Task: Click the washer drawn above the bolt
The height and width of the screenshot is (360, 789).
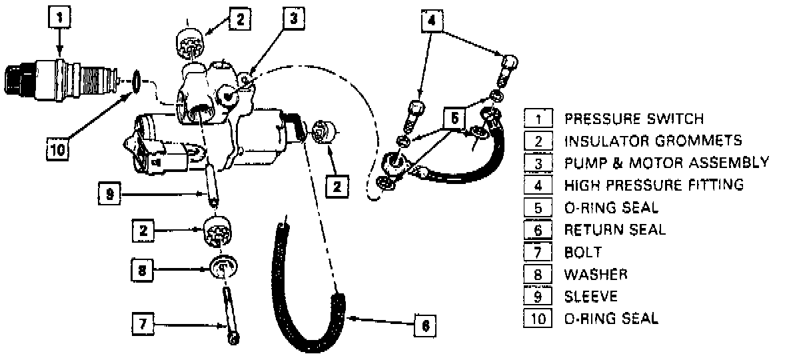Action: click(224, 267)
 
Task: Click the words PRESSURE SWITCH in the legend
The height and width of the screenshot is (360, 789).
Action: click(634, 119)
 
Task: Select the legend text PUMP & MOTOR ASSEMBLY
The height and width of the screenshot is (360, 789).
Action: click(666, 163)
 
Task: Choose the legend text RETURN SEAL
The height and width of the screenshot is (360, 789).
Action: click(614, 230)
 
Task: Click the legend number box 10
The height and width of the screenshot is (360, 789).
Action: click(538, 318)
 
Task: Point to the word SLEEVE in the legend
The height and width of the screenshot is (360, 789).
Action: click(591, 296)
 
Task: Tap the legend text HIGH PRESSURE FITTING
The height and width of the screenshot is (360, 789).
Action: click(654, 185)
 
